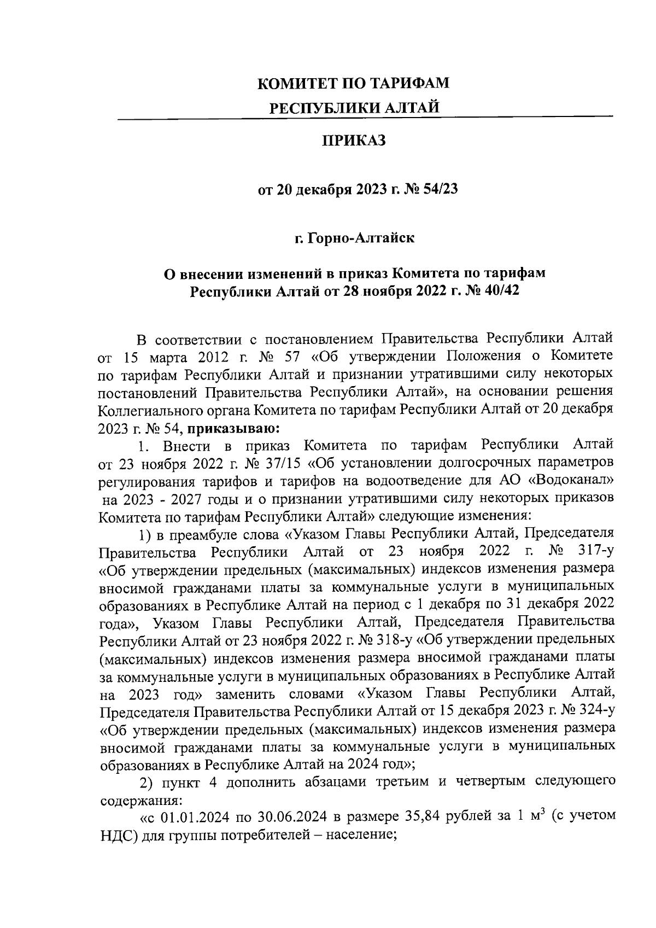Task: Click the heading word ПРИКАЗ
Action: tap(354, 141)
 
